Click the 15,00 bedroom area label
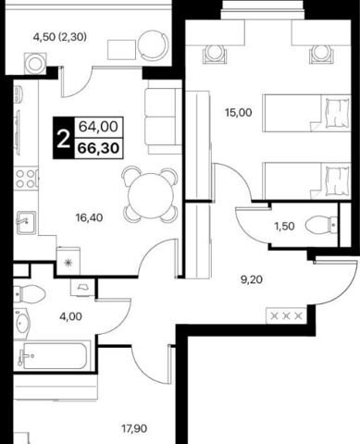click(x=238, y=113)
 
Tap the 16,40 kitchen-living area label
click(x=89, y=218)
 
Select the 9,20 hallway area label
click(x=252, y=279)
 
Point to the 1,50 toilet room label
click(x=284, y=226)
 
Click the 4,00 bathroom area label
click(x=71, y=316)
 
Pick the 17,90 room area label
click(x=134, y=428)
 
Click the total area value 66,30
click(x=98, y=148)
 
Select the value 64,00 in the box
click(x=98, y=127)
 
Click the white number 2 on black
click(x=64, y=138)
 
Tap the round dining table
click(x=150, y=195)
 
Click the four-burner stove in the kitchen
click(x=26, y=179)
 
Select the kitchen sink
click(x=26, y=222)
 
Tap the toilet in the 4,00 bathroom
click(x=30, y=294)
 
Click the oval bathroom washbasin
click(x=22, y=323)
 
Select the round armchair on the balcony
click(x=154, y=45)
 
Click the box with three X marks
click(x=286, y=315)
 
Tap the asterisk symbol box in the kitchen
click(x=68, y=262)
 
